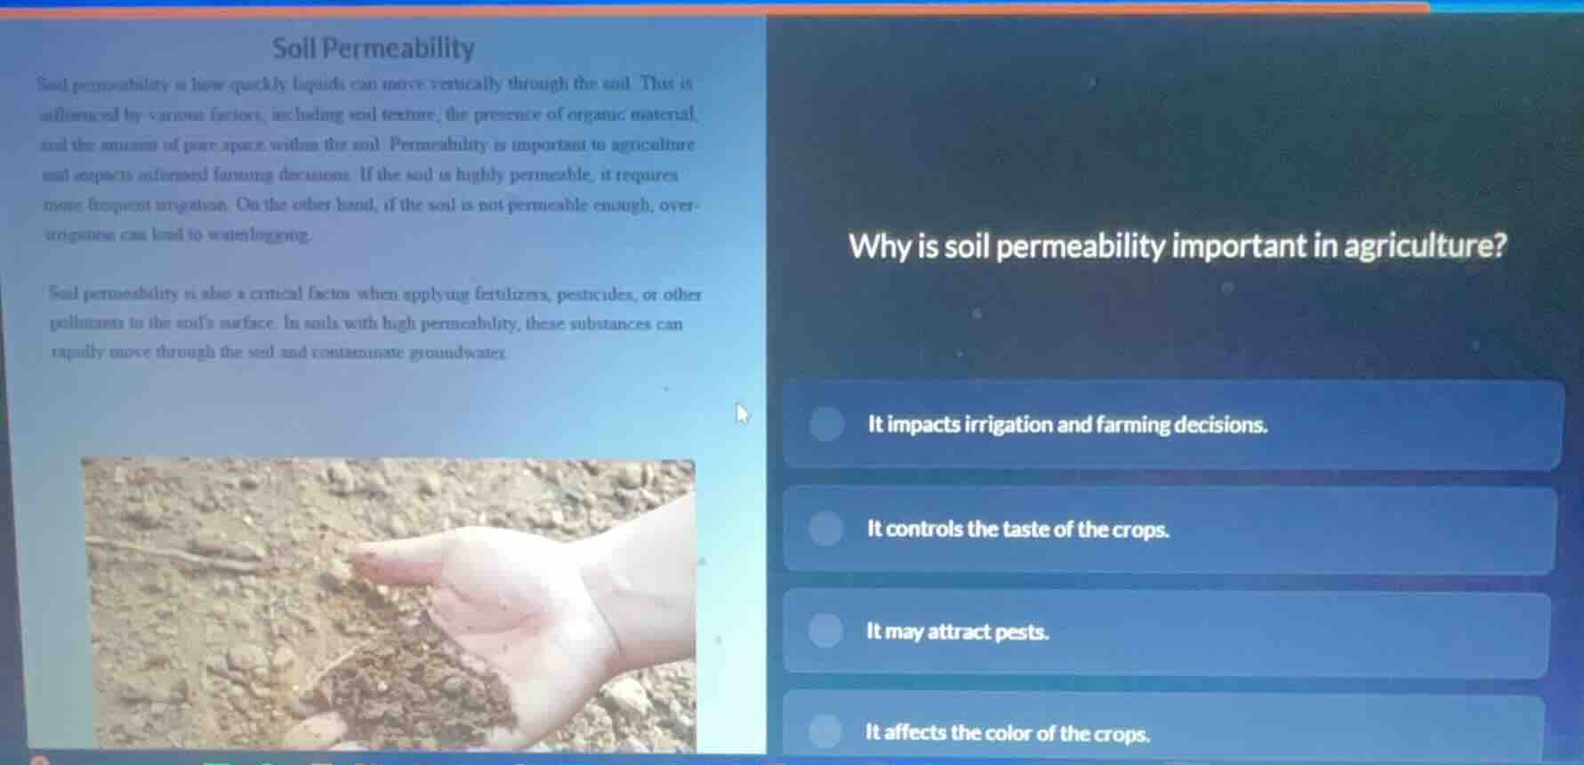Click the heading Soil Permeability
[374, 48]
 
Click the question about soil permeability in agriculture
[1178, 246]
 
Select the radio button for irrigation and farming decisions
[826, 424]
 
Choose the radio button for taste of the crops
[825, 528]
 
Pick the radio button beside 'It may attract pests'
[825, 631]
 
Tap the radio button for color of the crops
[824, 732]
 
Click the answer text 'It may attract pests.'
[958, 632]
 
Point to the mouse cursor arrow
[742, 413]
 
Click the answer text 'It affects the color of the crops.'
[1008, 733]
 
